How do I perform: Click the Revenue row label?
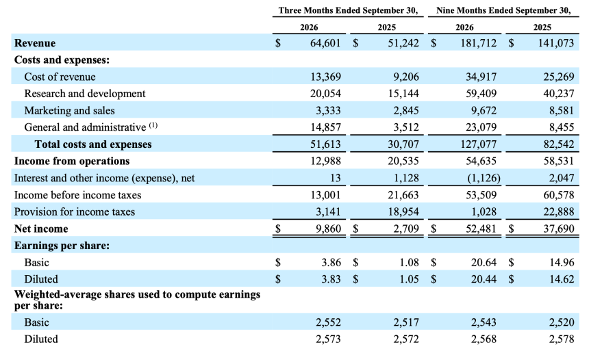35,43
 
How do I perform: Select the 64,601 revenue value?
325,43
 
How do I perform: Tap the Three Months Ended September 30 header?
348,10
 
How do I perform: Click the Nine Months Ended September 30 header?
503,10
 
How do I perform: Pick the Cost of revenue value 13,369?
326,77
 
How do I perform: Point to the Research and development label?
85,94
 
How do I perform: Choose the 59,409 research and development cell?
481,94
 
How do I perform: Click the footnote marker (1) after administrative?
153,125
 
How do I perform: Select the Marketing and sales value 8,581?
559,110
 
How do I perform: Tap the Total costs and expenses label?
93,144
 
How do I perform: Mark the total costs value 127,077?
479,144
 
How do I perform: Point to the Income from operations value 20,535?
403,161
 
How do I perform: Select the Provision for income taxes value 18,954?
403,211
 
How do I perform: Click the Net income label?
41,229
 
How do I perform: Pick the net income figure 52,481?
481,229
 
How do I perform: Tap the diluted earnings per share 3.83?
331,279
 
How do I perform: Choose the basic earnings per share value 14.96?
562,262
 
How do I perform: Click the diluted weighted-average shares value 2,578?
562,339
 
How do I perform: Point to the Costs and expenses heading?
62,60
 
